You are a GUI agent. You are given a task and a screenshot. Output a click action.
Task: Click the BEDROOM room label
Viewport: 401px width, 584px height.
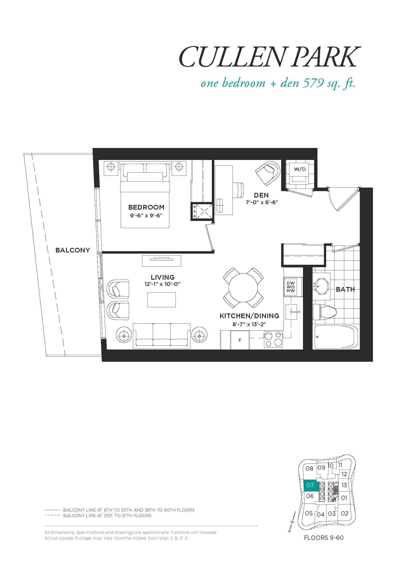(146, 207)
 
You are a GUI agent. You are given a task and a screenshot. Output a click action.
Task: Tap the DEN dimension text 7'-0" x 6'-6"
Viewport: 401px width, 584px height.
(262, 202)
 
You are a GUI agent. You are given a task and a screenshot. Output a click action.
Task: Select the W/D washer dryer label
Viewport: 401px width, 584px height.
(300, 169)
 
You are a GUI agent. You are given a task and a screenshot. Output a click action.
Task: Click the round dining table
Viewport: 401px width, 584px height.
(243, 288)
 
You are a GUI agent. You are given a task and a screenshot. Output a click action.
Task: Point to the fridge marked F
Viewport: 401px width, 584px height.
(240, 340)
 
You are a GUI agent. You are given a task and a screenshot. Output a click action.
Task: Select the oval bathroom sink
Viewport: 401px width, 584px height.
(321, 286)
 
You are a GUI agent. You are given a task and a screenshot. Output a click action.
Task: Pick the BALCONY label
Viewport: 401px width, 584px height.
(73, 250)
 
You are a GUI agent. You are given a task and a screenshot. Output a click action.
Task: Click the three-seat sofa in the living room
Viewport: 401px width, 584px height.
(162, 336)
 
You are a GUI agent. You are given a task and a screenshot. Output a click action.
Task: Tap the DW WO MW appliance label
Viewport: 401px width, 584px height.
(291, 287)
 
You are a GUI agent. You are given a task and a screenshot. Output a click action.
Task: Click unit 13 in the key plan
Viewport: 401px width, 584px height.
(344, 485)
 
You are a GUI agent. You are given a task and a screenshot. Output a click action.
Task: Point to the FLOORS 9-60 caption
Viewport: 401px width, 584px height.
(324, 538)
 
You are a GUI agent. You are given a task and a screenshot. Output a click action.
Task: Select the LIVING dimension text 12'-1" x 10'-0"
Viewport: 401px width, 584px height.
(162, 284)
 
